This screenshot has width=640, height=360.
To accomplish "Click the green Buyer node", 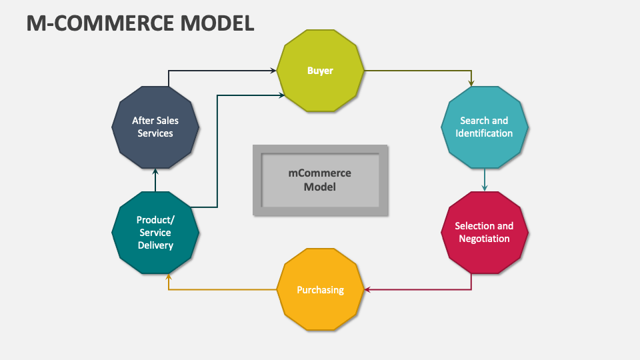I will coord(320,71).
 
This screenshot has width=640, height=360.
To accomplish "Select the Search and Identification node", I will coord(485,127).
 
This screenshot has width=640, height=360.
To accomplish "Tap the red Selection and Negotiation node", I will coord(485,232).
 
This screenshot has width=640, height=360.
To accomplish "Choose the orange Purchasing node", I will coord(320,290).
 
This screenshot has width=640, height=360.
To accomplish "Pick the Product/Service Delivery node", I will coord(155,233).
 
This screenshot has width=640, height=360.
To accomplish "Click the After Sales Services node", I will coord(155,127).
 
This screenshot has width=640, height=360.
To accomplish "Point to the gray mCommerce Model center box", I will coord(320,180).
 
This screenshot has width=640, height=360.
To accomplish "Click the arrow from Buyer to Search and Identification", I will coord(427,70).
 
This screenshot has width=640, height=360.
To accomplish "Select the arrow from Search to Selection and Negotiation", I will coord(485,179).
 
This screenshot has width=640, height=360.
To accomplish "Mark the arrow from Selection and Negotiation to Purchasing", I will coord(427,290).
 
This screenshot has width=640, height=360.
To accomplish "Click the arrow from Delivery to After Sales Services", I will coord(155,180).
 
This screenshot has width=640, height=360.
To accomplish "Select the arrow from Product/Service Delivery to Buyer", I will coord(217,153).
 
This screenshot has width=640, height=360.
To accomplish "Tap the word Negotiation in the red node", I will coord(485,239).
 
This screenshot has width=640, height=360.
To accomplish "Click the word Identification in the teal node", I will coord(485,133).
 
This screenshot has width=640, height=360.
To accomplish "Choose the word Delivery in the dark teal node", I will coord(155,245).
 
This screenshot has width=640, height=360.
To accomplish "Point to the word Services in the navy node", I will coord(155,133).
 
